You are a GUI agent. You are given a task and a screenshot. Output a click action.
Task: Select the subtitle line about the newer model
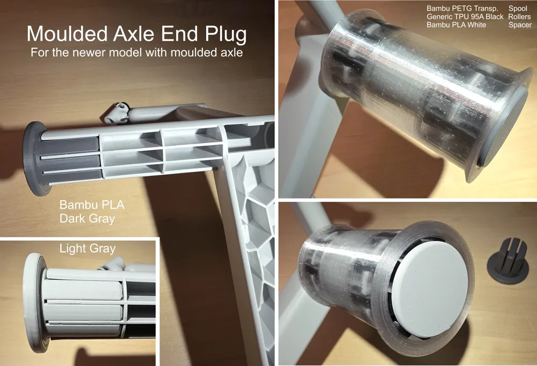coord(136,53)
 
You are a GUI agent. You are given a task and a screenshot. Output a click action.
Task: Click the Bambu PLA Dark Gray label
coord(92,211)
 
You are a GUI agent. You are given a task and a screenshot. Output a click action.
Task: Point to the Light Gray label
coord(88,248)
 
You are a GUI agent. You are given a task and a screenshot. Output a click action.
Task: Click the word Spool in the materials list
coord(518,9)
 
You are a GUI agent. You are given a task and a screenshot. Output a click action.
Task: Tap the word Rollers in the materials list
coord(519,17)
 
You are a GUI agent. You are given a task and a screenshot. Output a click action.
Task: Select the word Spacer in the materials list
coord(520,25)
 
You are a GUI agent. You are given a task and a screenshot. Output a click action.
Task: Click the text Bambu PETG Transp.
coord(462,9)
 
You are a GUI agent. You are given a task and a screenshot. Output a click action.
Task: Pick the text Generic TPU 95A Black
coord(465,17)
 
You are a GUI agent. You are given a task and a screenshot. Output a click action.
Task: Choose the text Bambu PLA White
coord(456,25)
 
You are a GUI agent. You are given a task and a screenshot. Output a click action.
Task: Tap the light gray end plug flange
coord(33,303)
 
